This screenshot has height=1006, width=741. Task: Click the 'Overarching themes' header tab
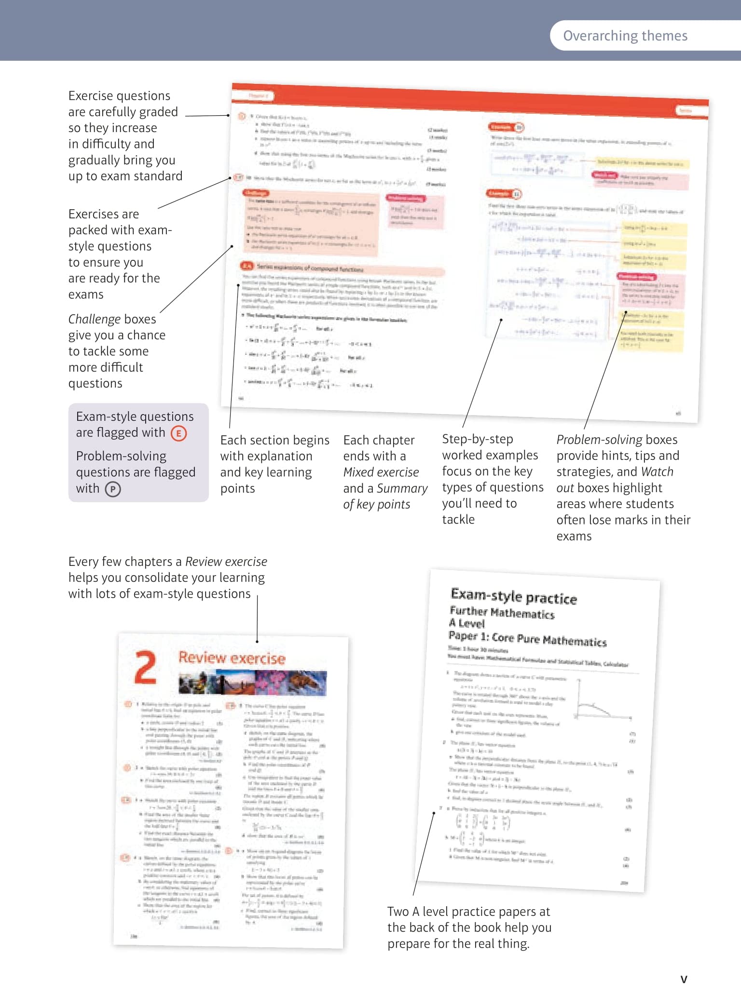[625, 36]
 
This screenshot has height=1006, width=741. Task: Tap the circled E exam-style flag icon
[178, 433]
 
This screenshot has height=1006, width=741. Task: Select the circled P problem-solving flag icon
[112, 489]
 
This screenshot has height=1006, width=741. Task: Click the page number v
[684, 979]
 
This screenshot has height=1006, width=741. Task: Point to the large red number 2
[145, 667]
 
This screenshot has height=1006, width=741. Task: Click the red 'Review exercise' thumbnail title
[232, 658]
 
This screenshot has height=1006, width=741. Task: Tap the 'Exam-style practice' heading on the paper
[513, 597]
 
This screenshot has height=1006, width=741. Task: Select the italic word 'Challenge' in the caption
[94, 319]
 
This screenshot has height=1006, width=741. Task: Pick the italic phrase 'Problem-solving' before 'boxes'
[599, 440]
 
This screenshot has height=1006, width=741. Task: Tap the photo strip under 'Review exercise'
[252, 683]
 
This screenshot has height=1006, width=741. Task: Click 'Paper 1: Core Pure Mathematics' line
[527, 638]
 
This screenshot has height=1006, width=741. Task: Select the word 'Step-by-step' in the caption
[477, 439]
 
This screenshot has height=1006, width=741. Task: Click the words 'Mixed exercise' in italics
[381, 472]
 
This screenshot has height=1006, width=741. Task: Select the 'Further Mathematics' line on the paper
[502, 613]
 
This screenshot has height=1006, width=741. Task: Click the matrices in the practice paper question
[482, 822]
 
